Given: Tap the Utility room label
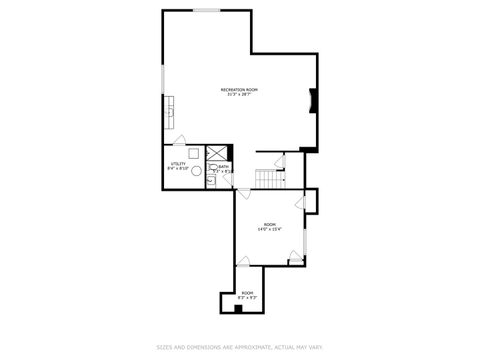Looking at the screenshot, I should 177,163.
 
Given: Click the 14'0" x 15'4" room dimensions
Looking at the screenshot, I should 270,229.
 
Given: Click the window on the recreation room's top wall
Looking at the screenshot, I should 207,11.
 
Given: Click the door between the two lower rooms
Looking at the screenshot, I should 242,262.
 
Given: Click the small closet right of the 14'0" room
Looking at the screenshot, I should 311,201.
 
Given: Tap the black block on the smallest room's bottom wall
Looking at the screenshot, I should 238,309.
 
